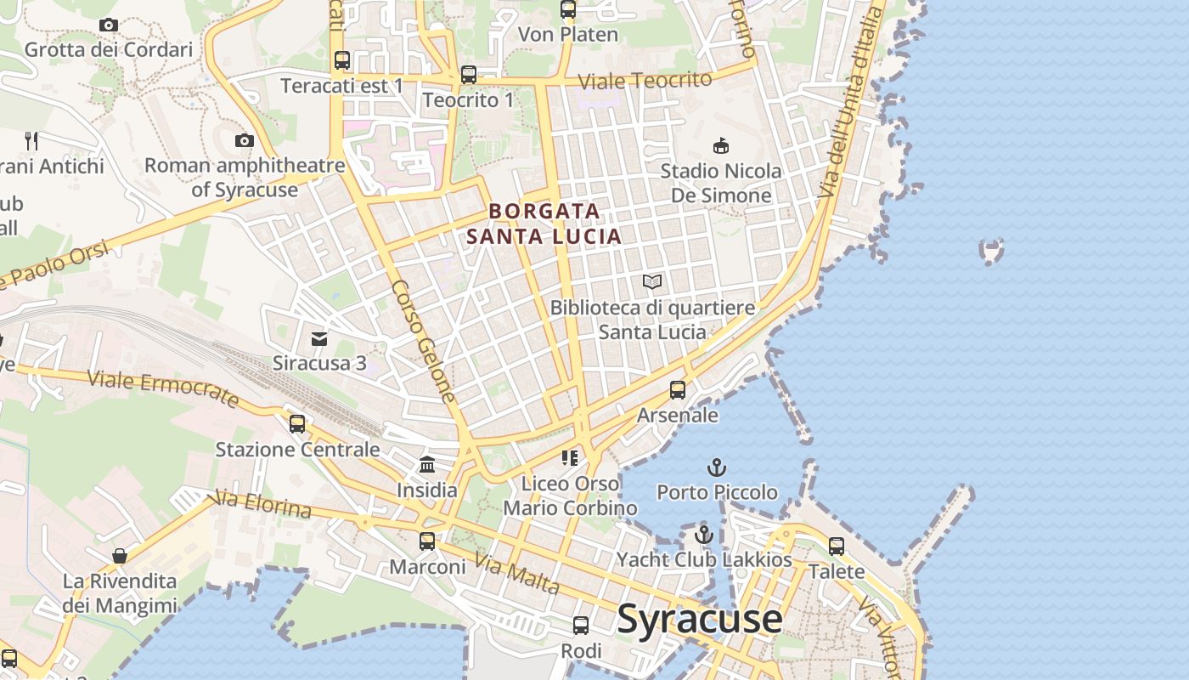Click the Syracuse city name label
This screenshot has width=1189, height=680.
point(700,619)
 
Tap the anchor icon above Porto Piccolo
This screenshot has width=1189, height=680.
point(717,467)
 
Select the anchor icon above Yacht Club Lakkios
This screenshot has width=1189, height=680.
point(703,535)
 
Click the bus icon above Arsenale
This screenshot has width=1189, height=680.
point(677,390)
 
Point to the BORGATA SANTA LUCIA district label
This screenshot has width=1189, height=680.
point(544,224)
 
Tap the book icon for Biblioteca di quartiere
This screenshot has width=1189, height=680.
point(652,281)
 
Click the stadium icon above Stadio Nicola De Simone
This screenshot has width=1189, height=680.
point(721,146)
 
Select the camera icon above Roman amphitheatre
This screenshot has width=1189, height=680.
point(245,140)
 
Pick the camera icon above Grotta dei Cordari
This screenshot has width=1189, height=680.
point(108,25)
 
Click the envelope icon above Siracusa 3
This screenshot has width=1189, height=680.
point(319,339)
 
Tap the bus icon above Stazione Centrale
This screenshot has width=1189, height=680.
point(296,423)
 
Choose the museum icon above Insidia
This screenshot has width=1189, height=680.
point(426,465)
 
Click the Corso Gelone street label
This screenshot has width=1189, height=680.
point(425,342)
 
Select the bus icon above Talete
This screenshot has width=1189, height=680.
point(837,547)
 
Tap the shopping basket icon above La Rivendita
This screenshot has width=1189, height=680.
point(120,556)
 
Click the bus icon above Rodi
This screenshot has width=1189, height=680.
point(581,626)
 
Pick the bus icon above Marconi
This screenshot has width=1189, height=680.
point(427,541)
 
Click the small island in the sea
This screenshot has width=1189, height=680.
point(991,250)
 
